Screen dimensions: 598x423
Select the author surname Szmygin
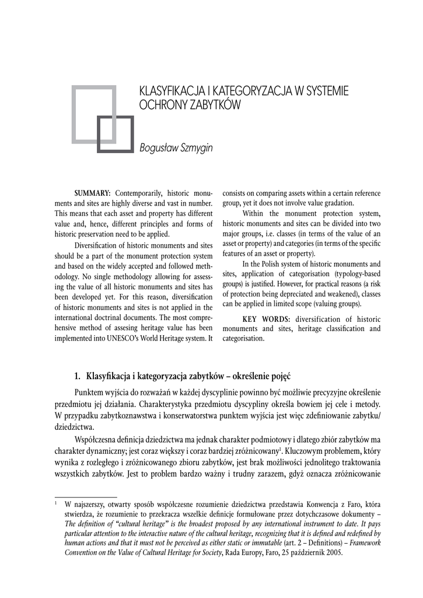[x=196, y=148]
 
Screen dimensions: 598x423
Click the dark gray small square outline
[x=115, y=135]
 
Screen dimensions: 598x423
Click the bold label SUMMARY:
[x=92, y=193]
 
